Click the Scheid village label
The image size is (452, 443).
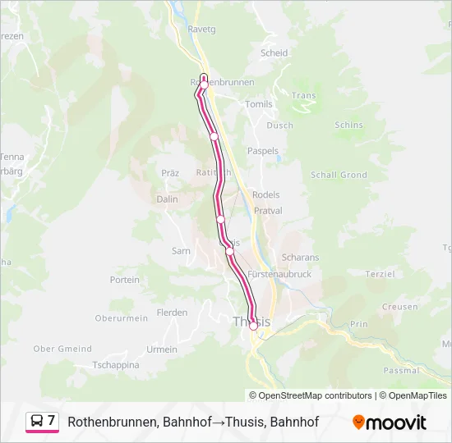coord(274,53)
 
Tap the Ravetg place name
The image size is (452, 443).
coord(201,29)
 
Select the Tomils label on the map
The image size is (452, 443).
coord(258,104)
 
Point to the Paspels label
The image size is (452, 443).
coord(263,151)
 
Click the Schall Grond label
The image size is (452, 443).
coord(339,175)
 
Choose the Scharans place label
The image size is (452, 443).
coord(300,257)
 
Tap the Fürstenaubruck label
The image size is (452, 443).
coord(279,274)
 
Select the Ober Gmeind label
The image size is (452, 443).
coord(62,349)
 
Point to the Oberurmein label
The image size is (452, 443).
coord(121,318)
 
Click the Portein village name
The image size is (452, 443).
coord(125,280)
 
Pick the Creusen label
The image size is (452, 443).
coord(399,307)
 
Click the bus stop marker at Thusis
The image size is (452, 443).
coord(253,326)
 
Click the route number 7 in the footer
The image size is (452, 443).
coord(52,421)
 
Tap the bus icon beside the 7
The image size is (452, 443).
coord(37,422)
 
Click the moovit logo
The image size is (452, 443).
coord(390,422)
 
